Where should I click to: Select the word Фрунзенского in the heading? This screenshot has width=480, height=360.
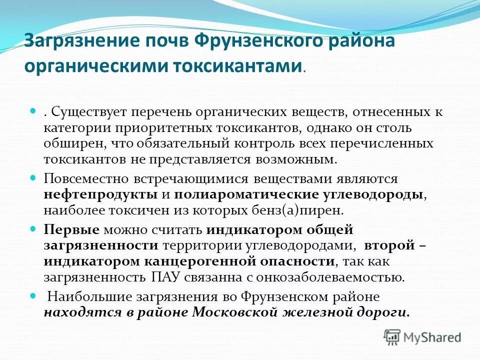click(253, 41)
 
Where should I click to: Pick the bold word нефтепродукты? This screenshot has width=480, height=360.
click(100, 194)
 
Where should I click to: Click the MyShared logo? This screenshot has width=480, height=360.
click(422, 336)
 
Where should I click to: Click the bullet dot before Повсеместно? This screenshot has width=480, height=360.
click(33, 177)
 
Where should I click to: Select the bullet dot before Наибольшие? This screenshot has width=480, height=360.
click(33, 296)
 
